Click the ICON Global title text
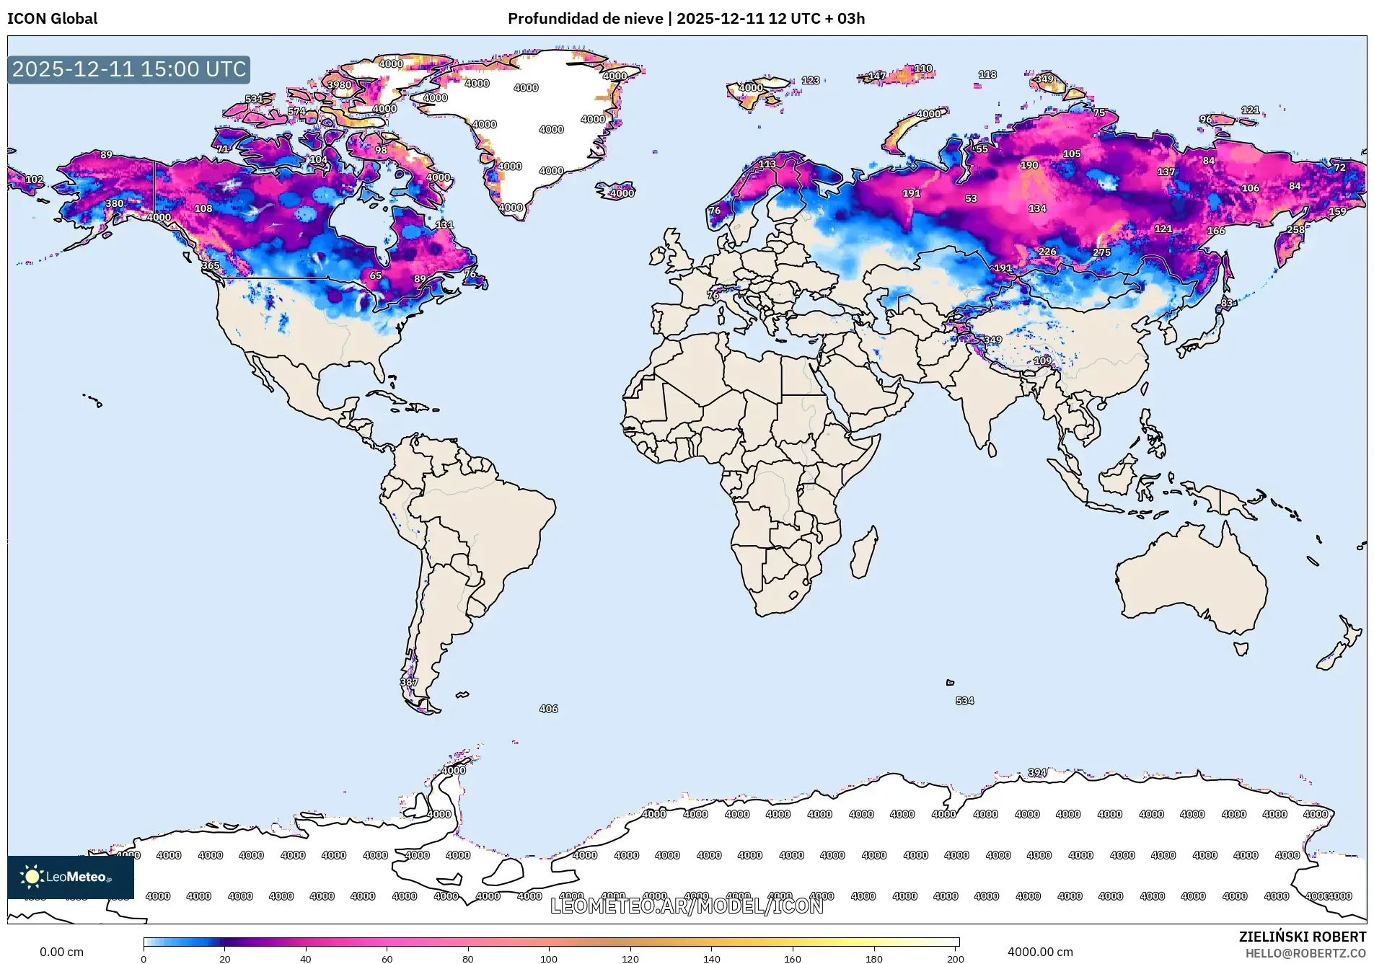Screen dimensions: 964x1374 pos(52,19)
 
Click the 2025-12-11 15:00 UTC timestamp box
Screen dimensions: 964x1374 pos(129,69)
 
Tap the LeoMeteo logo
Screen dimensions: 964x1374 pos(70,877)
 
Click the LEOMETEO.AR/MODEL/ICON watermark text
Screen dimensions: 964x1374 pos(686,906)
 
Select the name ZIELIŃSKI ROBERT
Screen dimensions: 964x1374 pos(1302,937)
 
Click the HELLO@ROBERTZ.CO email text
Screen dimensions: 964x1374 pos(1305,953)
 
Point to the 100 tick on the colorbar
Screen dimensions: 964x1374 pos(549,959)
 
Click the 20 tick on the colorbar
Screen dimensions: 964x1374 pos(225,959)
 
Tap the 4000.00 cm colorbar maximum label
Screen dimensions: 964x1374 pos(1039,952)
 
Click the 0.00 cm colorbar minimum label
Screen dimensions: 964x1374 pos(61,952)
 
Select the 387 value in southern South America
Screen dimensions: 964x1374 pos(409,682)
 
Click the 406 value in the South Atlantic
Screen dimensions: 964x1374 pos(548,709)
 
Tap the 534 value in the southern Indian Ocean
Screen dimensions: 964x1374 pos(964,701)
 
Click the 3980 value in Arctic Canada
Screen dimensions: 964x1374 pos(339,84)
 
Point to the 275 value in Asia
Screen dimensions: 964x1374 pos(1101,252)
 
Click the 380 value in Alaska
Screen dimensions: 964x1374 pos(114,203)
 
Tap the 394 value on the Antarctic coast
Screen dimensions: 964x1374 pos(1036,772)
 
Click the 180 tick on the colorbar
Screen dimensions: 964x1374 pos(873,959)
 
